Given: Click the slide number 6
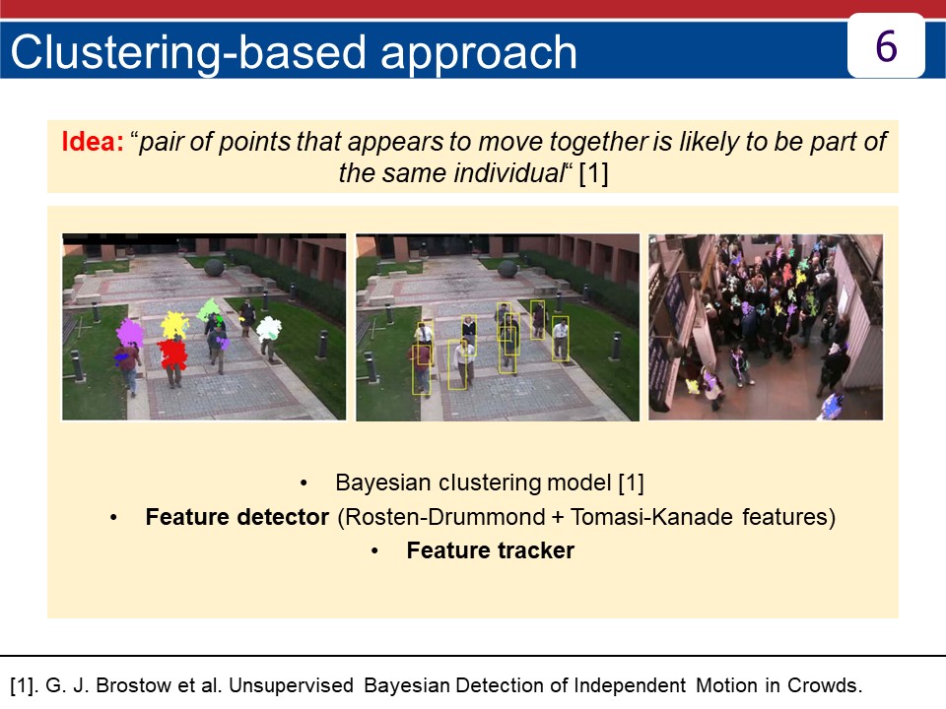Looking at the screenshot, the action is click(x=886, y=46).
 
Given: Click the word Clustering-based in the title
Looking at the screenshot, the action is click(x=188, y=52).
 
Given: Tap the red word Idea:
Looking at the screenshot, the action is click(x=93, y=141).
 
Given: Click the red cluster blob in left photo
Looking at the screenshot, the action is click(x=171, y=354).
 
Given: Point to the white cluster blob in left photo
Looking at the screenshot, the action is click(x=268, y=328).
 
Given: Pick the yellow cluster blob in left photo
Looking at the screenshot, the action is click(x=174, y=325).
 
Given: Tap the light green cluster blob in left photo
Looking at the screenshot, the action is click(x=209, y=310).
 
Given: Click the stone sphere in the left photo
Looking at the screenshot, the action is click(x=214, y=267).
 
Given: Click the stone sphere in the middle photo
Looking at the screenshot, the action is click(x=508, y=268).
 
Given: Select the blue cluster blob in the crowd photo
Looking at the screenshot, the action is click(x=834, y=405).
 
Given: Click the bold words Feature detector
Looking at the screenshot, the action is click(x=237, y=517).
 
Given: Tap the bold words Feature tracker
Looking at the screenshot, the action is click(x=490, y=549).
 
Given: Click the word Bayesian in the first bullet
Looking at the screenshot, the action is click(x=383, y=483).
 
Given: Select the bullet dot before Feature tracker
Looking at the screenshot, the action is click(x=374, y=551).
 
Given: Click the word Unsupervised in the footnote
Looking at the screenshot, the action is click(x=292, y=686).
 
